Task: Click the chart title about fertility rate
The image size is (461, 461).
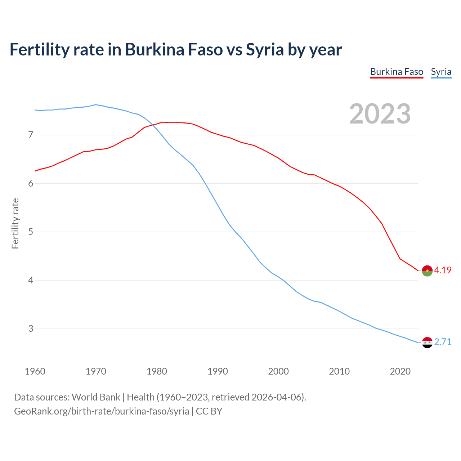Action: [176, 50]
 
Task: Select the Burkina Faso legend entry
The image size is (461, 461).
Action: [397, 72]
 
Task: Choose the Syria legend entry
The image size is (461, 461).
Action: [441, 72]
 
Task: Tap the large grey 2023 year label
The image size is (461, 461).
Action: [380, 114]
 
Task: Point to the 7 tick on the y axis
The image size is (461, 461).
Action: [31, 135]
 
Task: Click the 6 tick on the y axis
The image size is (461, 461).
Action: [31, 183]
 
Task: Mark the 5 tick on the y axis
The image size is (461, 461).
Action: [31, 232]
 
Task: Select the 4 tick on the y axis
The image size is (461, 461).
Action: [31, 280]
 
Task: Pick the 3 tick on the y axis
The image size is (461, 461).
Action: [31, 328]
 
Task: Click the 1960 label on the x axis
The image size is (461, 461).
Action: [35, 371]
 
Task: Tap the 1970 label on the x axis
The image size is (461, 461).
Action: [96, 371]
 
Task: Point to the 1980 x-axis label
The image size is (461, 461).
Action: [157, 371]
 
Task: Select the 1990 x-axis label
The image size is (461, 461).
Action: [218, 371]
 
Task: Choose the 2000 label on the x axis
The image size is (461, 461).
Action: [278, 371]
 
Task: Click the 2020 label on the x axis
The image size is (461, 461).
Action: [400, 371]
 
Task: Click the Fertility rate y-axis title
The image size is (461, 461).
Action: [15, 223]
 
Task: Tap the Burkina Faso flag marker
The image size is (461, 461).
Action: [427, 271]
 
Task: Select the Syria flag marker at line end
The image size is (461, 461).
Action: [427, 343]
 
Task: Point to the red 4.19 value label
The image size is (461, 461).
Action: [443, 270]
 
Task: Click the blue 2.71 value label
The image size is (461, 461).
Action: [443, 342]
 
